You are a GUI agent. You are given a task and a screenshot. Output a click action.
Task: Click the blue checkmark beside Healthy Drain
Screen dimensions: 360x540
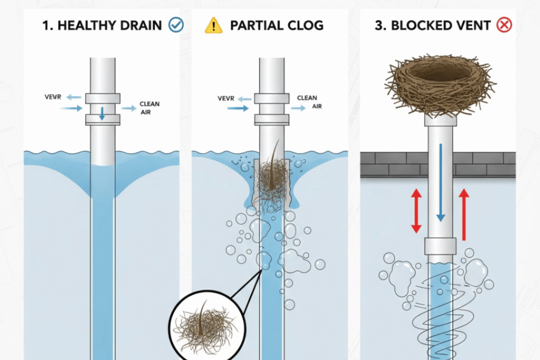[x=176, y=25]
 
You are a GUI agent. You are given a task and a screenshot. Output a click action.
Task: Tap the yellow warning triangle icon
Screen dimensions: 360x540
[x=214, y=25]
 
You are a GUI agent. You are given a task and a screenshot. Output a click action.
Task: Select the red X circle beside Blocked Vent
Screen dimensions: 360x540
[x=505, y=25]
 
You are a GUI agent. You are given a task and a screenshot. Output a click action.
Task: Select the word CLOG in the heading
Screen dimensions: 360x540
[x=305, y=25]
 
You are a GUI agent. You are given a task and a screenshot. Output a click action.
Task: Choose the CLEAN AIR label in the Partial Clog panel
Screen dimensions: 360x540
[x=308, y=102]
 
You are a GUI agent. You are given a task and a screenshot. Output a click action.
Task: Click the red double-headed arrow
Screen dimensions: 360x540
[x=416, y=211]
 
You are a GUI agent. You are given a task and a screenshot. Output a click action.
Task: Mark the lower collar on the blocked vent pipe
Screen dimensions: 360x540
[x=440, y=245]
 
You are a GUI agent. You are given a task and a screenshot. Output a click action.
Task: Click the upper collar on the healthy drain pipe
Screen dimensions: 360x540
[x=102, y=98]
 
